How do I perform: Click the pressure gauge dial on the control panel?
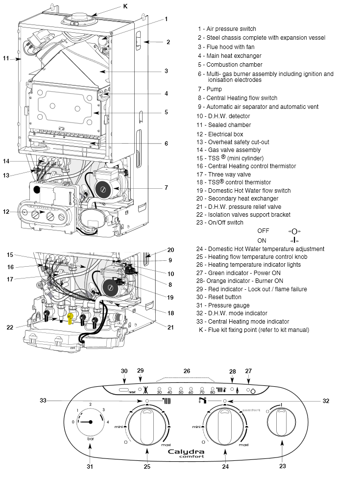(90, 422)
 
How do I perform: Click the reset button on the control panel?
(123, 391)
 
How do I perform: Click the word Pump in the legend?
(214, 89)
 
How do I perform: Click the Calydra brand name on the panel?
(186, 452)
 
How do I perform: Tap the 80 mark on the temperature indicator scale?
(212, 392)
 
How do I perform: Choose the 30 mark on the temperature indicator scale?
(159, 392)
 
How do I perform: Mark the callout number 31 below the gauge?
(90, 466)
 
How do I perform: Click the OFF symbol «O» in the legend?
(294, 231)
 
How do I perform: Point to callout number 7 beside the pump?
(167, 187)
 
